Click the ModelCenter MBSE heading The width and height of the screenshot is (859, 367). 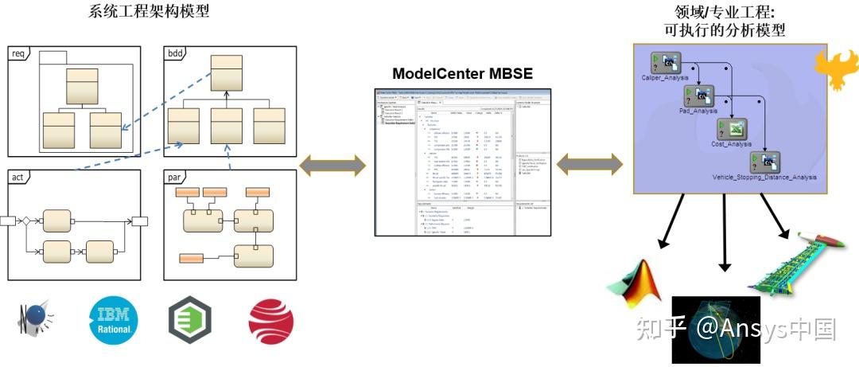click(x=462, y=74)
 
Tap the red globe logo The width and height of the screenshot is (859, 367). click(x=270, y=322)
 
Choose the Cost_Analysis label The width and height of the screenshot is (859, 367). click(x=731, y=144)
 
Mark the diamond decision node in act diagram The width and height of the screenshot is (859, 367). click(x=25, y=220)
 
